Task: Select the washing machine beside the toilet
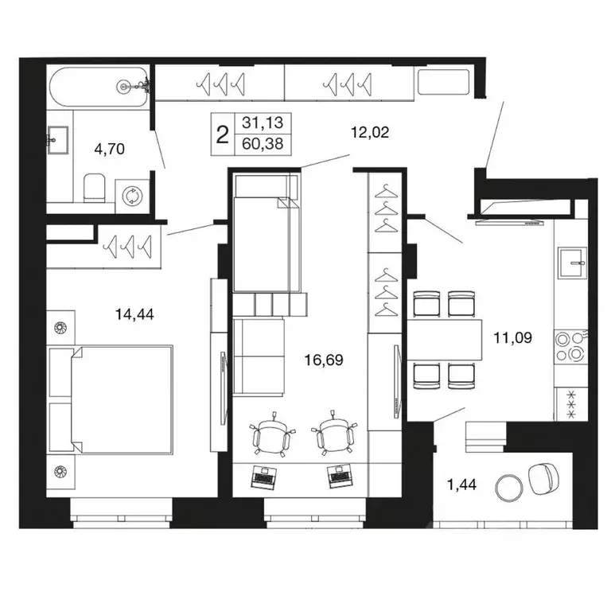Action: [130, 195]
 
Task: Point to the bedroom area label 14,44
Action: [134, 313]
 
